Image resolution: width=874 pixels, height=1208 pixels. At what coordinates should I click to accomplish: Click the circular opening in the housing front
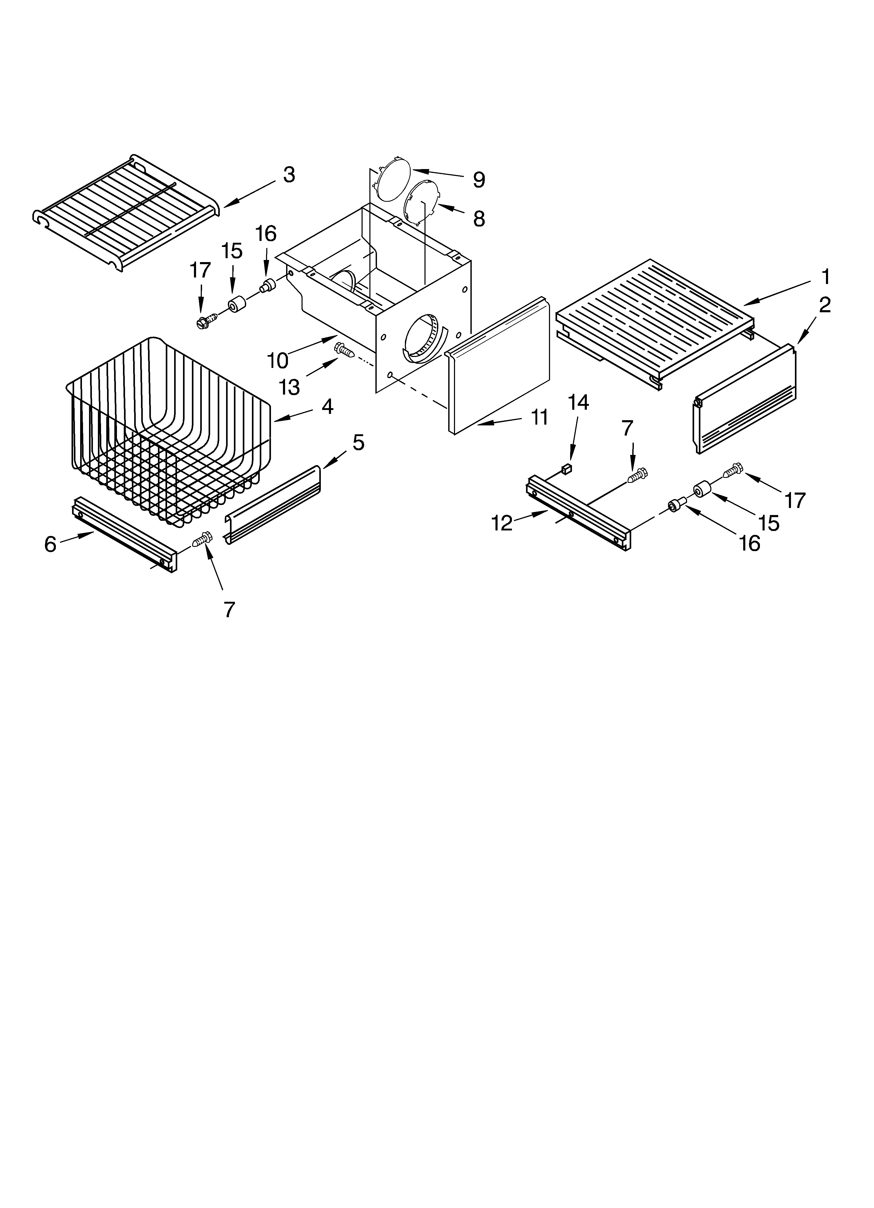[424, 338]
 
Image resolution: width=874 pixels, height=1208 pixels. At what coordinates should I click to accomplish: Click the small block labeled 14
[566, 469]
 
